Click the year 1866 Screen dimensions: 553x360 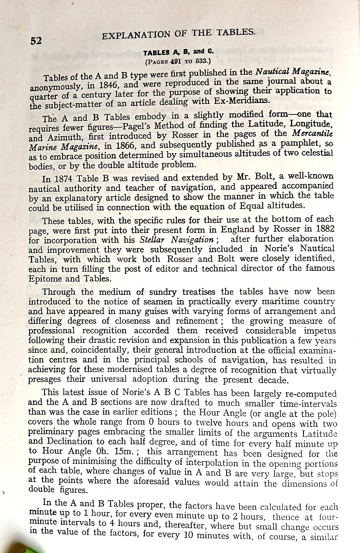click(124, 146)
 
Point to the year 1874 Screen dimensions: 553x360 click(63, 179)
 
